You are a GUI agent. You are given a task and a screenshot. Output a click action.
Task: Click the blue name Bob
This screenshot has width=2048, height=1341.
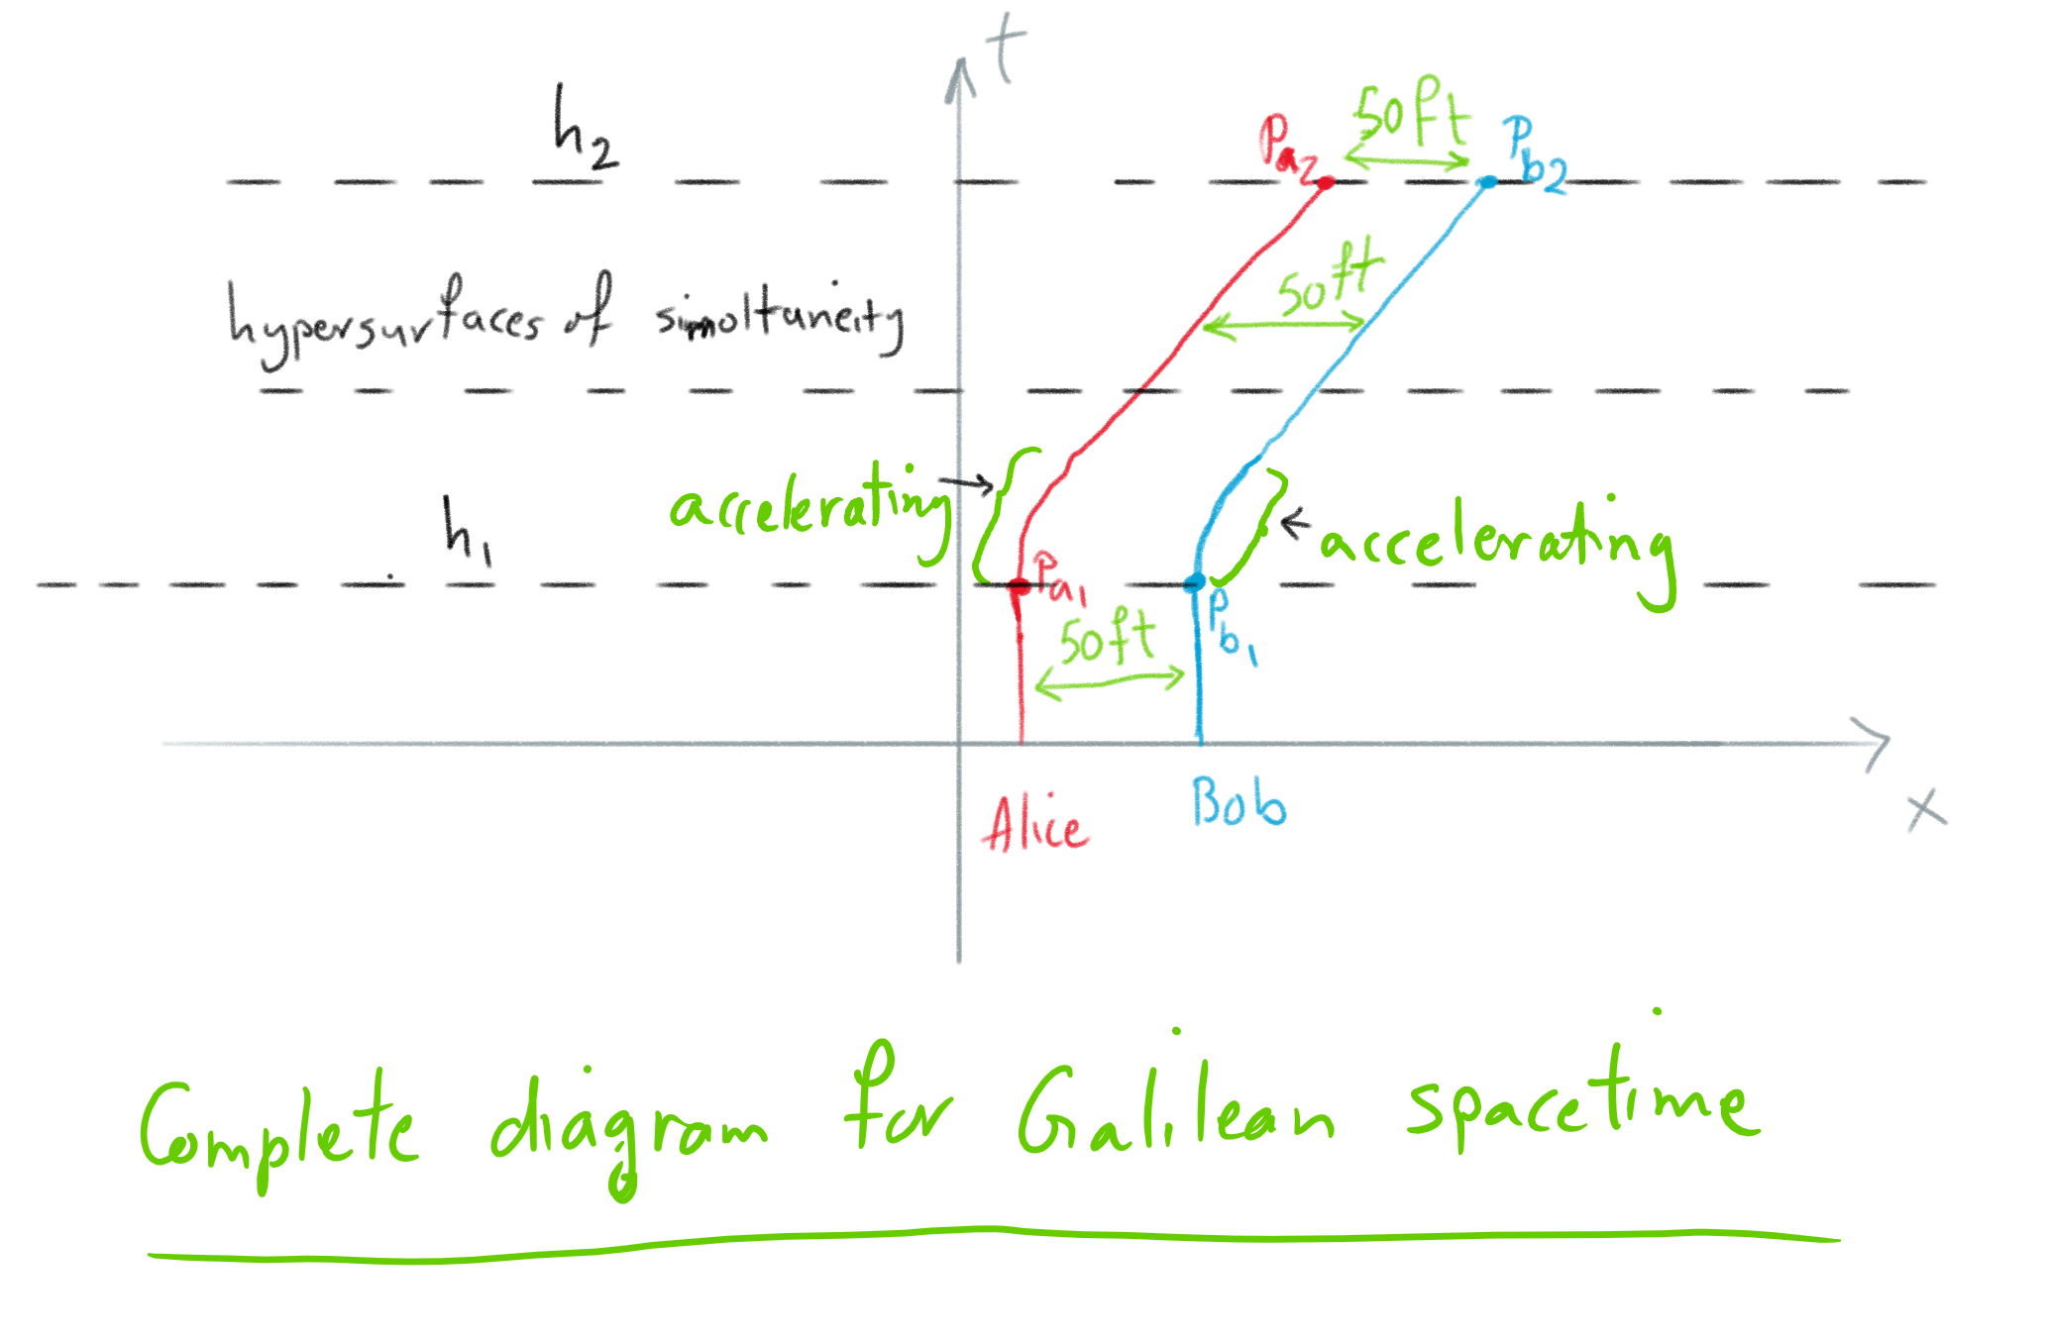(x=1239, y=802)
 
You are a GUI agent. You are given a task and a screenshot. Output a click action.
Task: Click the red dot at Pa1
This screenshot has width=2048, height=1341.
(x=1019, y=586)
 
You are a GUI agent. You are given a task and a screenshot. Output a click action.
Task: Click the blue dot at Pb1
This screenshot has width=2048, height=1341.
(x=1195, y=582)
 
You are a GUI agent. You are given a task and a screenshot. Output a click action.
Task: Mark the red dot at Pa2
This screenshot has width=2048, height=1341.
(x=1326, y=182)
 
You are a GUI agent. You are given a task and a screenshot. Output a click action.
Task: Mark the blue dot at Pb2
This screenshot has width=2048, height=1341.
(x=1487, y=182)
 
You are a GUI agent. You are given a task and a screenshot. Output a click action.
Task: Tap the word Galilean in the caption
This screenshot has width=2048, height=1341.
(x=1175, y=1114)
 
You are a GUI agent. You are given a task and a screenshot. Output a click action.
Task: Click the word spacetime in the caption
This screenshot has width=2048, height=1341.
(x=1583, y=1099)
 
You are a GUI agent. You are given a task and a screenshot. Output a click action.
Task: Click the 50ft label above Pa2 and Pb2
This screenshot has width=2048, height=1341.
(x=1411, y=114)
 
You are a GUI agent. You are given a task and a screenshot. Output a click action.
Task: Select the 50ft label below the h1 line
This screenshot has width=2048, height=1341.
(x=1108, y=639)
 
